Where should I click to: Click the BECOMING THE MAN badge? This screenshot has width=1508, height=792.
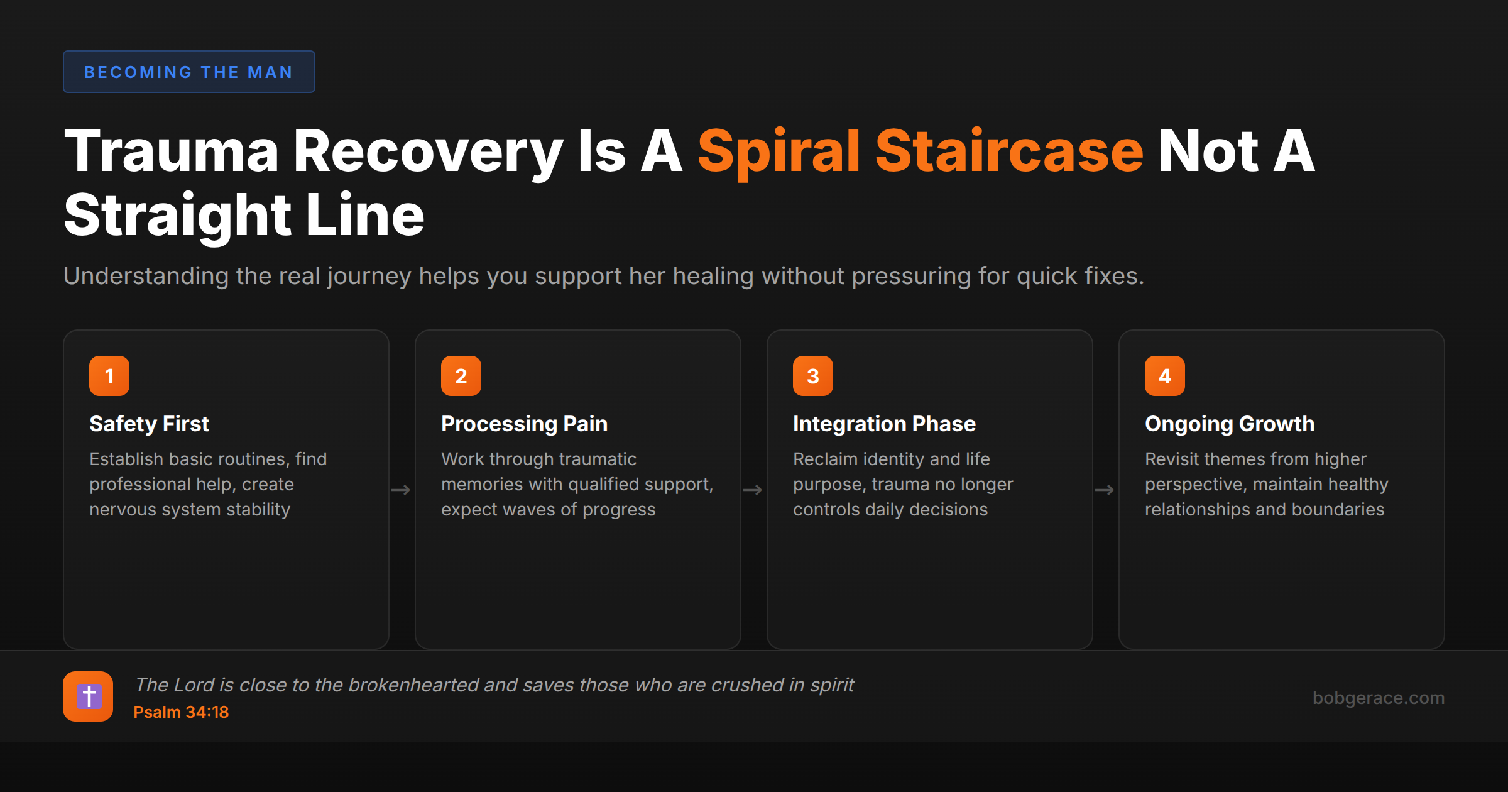point(188,72)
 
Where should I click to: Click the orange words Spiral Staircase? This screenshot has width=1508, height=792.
point(920,151)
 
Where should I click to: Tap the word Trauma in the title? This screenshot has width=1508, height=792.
point(171,151)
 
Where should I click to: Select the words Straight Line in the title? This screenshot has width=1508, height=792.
point(244,216)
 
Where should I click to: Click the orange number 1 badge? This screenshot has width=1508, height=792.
point(109,376)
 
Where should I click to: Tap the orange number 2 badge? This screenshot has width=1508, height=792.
point(461,376)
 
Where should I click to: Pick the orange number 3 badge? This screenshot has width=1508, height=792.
point(813,376)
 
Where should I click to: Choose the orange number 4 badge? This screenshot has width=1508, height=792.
point(1165,376)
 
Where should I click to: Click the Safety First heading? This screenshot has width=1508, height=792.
point(149,424)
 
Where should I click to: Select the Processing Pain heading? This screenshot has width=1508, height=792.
point(524,424)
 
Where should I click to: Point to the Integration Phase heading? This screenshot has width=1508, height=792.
point(884,424)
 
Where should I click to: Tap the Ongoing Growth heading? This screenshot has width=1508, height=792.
point(1230,424)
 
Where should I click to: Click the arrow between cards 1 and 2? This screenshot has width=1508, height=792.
point(401,490)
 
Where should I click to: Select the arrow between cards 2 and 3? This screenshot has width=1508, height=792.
point(753,490)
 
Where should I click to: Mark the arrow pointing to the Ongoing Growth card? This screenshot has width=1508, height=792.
point(1105,490)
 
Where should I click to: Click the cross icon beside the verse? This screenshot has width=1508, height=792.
point(88,696)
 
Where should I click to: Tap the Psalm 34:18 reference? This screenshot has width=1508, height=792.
point(181,712)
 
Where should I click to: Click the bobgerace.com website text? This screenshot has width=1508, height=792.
point(1379,698)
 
